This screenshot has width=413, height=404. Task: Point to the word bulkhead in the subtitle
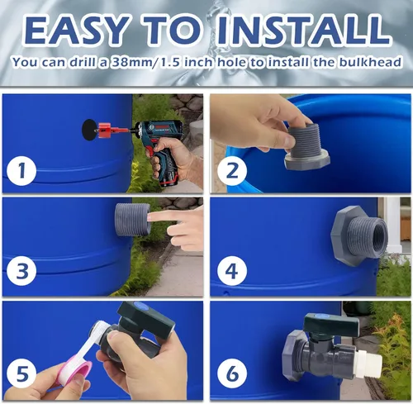click(x=373, y=62)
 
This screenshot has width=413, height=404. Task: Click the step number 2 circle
click(x=230, y=172)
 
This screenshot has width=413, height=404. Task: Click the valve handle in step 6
click(x=330, y=326)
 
